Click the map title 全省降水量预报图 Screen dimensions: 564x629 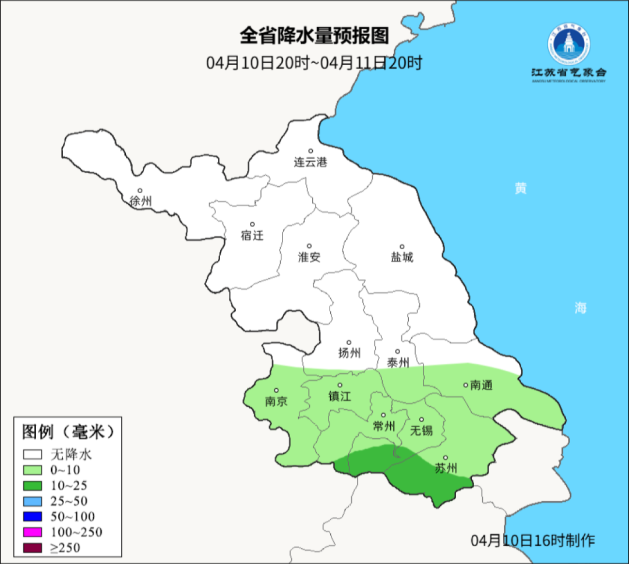(x=314, y=36)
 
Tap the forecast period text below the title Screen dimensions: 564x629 (x=314, y=62)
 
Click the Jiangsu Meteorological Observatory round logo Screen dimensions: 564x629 (x=568, y=43)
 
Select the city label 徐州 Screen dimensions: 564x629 (x=141, y=201)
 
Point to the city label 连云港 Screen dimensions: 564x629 (x=310, y=162)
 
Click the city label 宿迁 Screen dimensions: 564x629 (x=252, y=235)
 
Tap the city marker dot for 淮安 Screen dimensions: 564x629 (x=309, y=246)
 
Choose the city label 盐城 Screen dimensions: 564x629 (x=402, y=257)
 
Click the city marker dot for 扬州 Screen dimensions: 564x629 (x=349, y=342)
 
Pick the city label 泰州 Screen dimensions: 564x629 (x=398, y=363)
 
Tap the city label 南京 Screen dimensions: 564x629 (x=276, y=402)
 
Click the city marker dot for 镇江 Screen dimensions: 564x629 (x=340, y=385)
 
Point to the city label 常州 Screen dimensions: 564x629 (x=384, y=427)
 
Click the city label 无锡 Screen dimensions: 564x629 (x=422, y=431)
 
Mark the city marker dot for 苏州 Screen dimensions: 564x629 (x=446, y=458)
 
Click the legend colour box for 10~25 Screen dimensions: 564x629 (x=33, y=485)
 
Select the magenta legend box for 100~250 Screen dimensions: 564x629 (x=33, y=531)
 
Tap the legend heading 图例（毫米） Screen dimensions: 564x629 (x=68, y=431)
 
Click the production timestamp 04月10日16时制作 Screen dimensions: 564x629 (x=533, y=540)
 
